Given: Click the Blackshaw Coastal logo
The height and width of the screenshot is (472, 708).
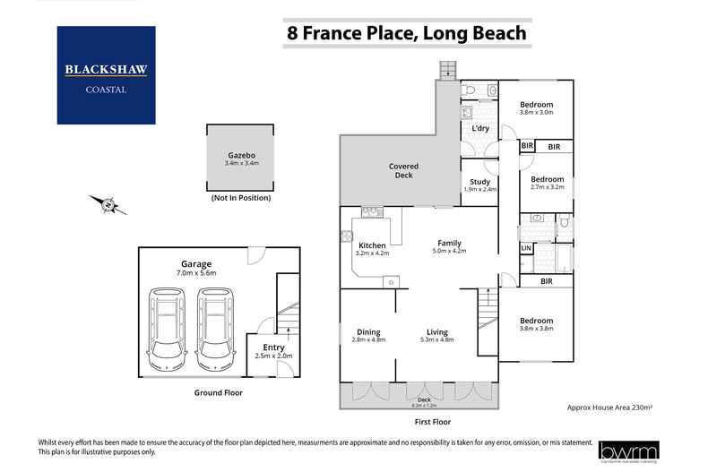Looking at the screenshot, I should tap(106, 74).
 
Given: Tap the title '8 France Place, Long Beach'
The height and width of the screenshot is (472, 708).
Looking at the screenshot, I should tap(406, 34).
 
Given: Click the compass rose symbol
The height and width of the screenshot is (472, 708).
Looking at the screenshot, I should tap(108, 204).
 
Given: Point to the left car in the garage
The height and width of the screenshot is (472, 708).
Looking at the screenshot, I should tap(167, 328).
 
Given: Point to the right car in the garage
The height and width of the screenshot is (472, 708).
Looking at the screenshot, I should tap(215, 328).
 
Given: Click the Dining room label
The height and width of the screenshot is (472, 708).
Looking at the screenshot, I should tap(368, 334).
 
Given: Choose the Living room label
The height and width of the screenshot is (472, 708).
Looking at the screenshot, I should tap(436, 334).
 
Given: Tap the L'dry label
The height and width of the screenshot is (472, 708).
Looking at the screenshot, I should tap(480, 129).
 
